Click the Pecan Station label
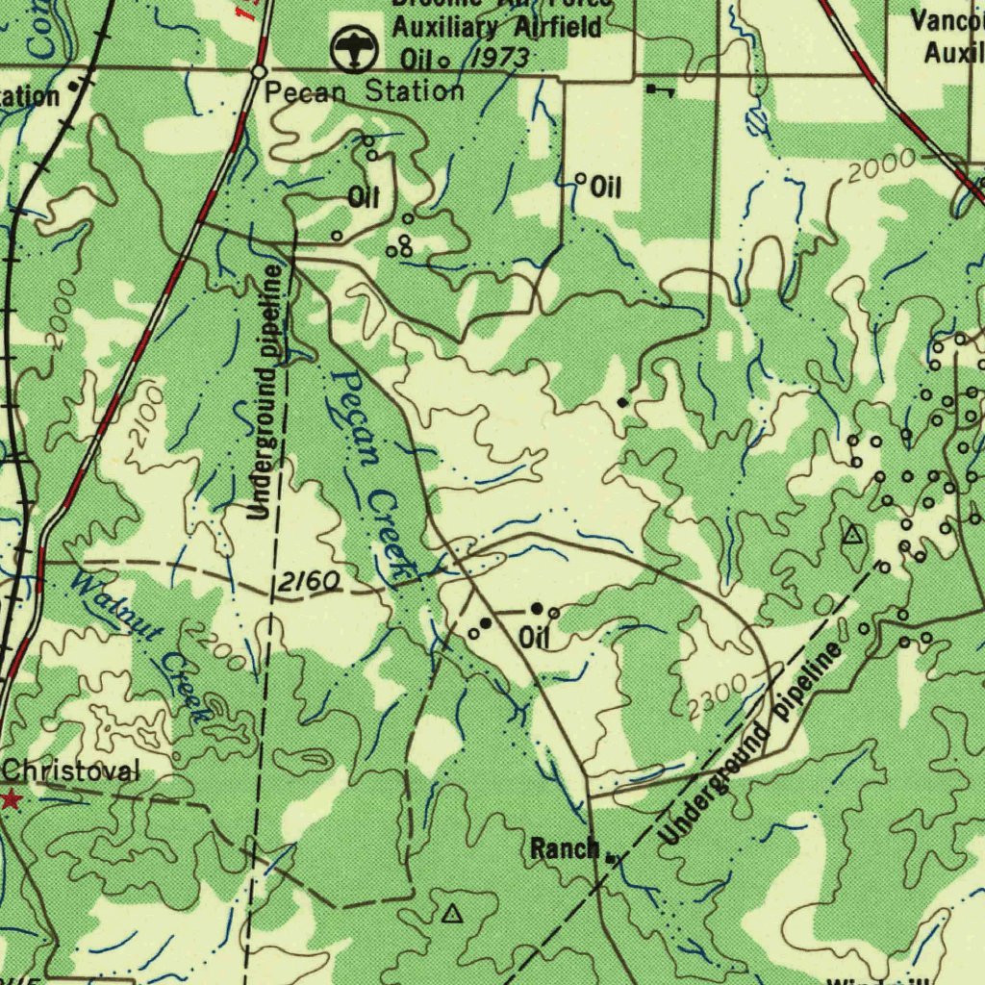(x=365, y=92)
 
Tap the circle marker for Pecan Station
(x=259, y=72)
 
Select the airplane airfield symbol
(x=353, y=49)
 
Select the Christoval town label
(x=71, y=770)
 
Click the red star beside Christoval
(x=11, y=799)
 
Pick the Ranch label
(x=565, y=848)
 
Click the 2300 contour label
(x=718, y=697)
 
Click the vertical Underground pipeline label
(x=265, y=392)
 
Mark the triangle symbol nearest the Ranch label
(x=451, y=914)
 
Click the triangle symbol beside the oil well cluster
(x=852, y=535)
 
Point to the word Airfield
(x=559, y=26)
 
